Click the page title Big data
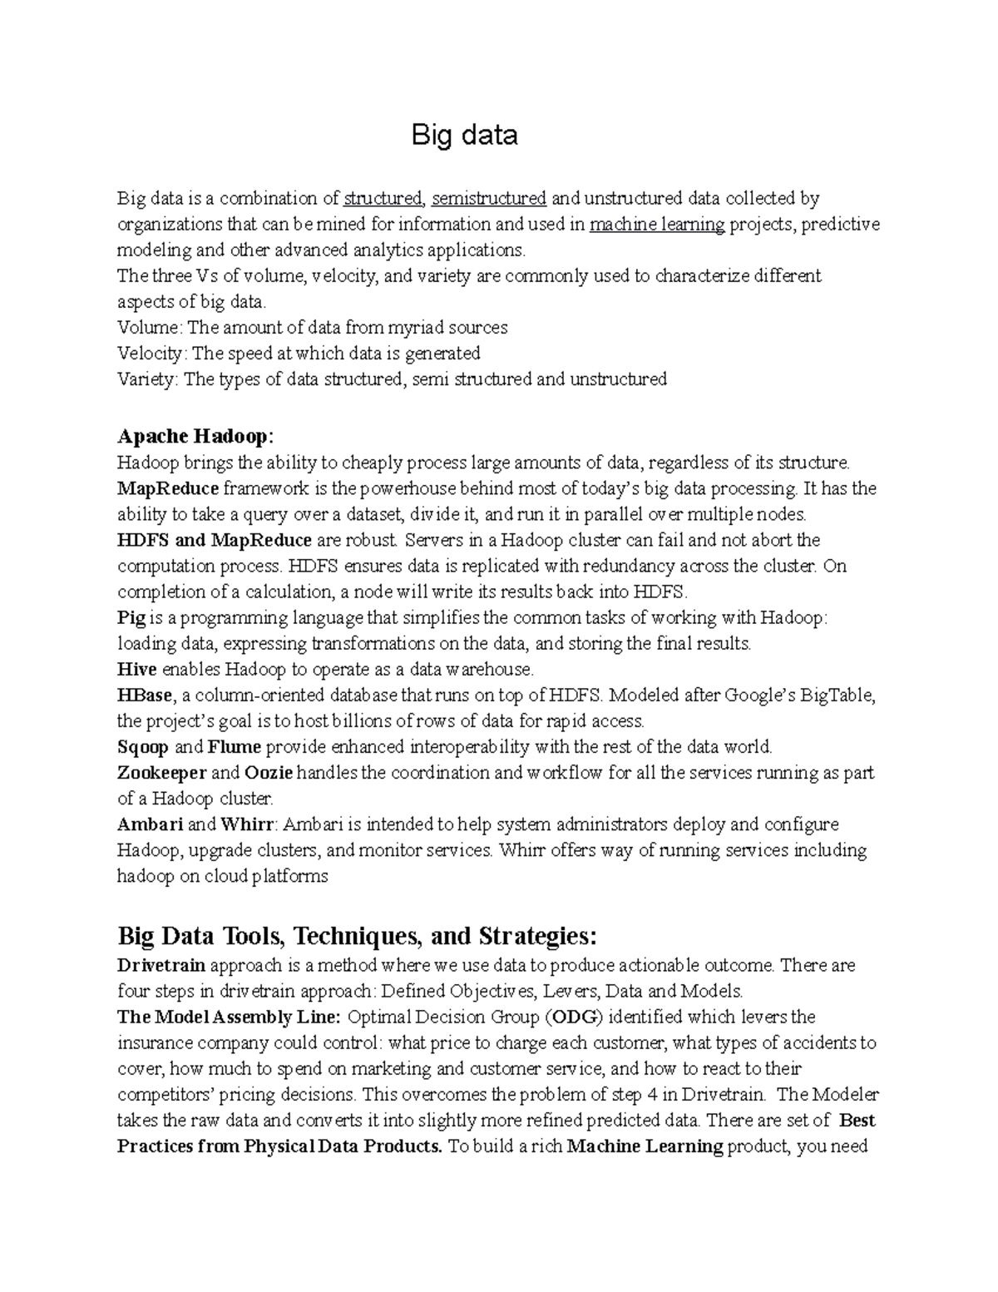click(464, 135)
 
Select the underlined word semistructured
click(488, 199)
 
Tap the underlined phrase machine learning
click(656, 225)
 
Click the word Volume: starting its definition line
click(151, 328)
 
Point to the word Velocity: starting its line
click(152, 354)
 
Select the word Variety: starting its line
click(148, 379)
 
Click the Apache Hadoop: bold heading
click(195, 436)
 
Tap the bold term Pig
click(131, 618)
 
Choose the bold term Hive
click(136, 670)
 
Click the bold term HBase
click(145, 696)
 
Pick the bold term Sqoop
click(142, 747)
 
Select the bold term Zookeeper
click(161, 773)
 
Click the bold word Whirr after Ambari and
click(246, 824)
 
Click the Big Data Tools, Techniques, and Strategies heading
click(357, 937)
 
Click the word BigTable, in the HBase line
click(837, 696)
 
